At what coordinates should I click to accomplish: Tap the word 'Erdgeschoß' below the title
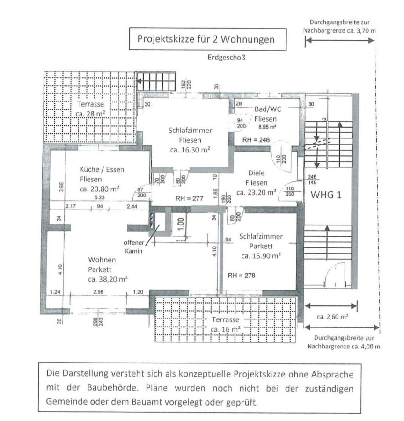tap(227, 58)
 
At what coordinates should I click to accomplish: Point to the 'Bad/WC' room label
tap(265, 109)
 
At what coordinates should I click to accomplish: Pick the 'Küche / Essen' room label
tap(102, 169)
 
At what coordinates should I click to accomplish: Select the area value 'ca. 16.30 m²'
tap(189, 150)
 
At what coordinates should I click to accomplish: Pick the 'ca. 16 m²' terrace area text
tap(226, 329)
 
